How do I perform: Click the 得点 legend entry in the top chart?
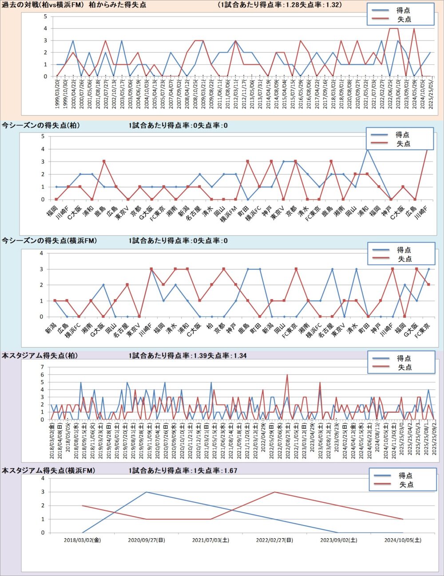click(403, 10)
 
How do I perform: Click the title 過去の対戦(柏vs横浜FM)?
click(44, 5)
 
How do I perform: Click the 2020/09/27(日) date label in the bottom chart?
click(147, 540)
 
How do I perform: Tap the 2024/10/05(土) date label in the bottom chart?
click(403, 540)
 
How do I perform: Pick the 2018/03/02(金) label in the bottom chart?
click(83, 540)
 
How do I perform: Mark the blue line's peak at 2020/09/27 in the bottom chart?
click(147, 492)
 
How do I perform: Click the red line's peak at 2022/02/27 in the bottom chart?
click(275, 492)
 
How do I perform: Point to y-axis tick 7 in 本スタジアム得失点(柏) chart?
click(43, 367)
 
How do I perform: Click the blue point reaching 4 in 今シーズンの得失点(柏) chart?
click(367, 149)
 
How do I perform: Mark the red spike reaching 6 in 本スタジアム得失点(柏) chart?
click(287, 375)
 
